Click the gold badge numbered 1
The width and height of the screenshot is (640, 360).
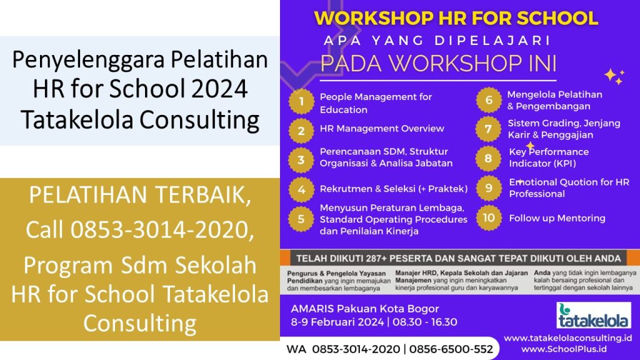(x=301, y=102)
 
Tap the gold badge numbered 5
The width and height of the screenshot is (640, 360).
(x=301, y=219)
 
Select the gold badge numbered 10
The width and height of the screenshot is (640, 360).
(x=489, y=218)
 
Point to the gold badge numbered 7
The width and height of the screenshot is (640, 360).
(x=489, y=129)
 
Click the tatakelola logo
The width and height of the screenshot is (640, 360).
(x=594, y=315)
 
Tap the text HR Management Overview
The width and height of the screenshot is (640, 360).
(x=382, y=129)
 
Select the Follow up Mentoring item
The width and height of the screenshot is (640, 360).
(x=557, y=218)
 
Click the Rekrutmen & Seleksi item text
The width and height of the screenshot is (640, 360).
(x=394, y=189)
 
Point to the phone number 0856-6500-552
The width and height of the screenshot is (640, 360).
(x=451, y=349)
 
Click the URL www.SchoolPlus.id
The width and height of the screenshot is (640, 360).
(x=564, y=349)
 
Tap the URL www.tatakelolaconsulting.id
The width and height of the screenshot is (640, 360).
(x=567, y=338)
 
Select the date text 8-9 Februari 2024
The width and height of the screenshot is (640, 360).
(x=337, y=322)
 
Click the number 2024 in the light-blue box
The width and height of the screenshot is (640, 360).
(x=219, y=89)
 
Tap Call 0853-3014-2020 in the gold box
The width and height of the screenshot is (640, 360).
(x=139, y=229)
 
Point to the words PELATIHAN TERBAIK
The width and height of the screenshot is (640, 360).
(x=139, y=195)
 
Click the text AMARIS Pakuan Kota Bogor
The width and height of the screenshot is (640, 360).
(x=365, y=309)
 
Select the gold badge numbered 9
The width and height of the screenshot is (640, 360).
(x=489, y=188)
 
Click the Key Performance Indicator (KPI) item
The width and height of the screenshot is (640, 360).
(x=549, y=157)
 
